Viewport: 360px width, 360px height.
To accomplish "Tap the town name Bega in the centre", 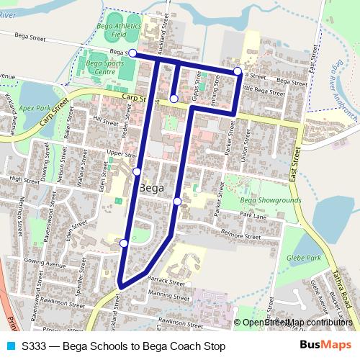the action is pyautogui.click(x=150, y=188).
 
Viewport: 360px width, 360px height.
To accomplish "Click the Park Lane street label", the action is pyautogui.click(x=253, y=215).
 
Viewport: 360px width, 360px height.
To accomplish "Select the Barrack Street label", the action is pyautogui.click(x=161, y=278).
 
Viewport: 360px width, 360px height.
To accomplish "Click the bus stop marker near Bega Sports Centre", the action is pyautogui.click(x=132, y=53).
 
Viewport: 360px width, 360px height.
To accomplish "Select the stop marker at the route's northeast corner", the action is pyautogui.click(x=238, y=71).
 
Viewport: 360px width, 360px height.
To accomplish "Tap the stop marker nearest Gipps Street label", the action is pyautogui.click(x=174, y=98).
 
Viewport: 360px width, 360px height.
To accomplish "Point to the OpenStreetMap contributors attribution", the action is pyautogui.click(x=296, y=323).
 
